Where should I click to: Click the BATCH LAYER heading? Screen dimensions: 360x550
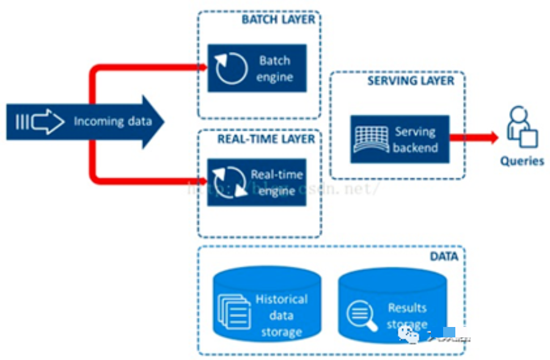tap(278, 19)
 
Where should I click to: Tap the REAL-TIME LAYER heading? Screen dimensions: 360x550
tap(266, 139)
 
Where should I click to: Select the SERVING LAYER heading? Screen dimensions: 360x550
tap(411, 81)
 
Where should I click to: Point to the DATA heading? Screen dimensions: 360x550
tap(444, 256)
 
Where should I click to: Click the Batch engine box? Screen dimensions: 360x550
tap(257, 68)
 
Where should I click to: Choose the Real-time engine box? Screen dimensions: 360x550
tap(257, 182)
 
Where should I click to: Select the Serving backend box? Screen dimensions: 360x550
tap(400, 139)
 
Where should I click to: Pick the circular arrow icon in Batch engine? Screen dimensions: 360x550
tap(231, 68)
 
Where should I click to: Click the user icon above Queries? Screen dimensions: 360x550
tap(521, 128)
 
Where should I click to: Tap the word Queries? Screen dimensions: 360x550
tap(521, 161)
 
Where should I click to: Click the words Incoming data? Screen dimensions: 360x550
tap(113, 121)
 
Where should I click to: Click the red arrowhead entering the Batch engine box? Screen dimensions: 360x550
tap(201, 65)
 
